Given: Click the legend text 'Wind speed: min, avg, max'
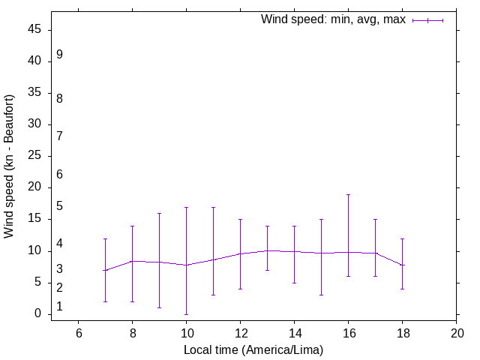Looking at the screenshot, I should (333, 19).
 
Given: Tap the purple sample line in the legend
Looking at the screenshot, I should (427, 20).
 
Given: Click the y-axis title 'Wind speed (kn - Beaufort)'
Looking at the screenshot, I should (10, 166).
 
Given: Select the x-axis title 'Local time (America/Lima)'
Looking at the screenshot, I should (254, 350).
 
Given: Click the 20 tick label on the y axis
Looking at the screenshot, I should (35, 187).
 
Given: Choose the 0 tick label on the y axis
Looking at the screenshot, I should (38, 314).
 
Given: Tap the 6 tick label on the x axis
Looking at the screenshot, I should (79, 334).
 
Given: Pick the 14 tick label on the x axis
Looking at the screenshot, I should (295, 334).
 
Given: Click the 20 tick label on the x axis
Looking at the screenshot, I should (457, 334).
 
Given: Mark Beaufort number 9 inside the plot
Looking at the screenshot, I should (59, 55).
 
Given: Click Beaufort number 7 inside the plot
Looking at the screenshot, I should (59, 136).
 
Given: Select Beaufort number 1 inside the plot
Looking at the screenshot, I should (59, 307).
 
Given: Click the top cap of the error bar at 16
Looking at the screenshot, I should (349, 194).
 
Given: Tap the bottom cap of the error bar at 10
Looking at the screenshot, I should (187, 314).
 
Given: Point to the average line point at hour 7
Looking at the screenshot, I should (106, 270).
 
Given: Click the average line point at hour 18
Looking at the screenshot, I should (403, 265).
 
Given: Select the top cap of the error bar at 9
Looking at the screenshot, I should (160, 213).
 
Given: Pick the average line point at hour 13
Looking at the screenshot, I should (268, 250).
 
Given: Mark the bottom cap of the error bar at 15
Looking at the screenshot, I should (322, 295).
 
